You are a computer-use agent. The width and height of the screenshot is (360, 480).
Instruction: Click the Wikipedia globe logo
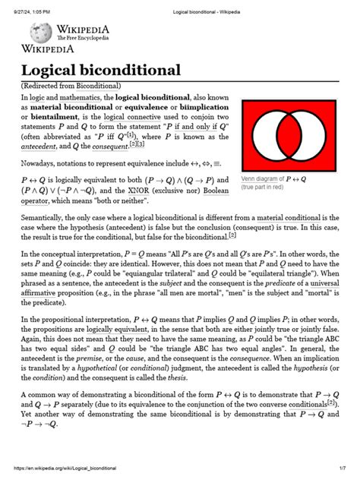[x=40, y=32]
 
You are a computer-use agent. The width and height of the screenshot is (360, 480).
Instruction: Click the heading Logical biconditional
[x=100, y=71]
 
